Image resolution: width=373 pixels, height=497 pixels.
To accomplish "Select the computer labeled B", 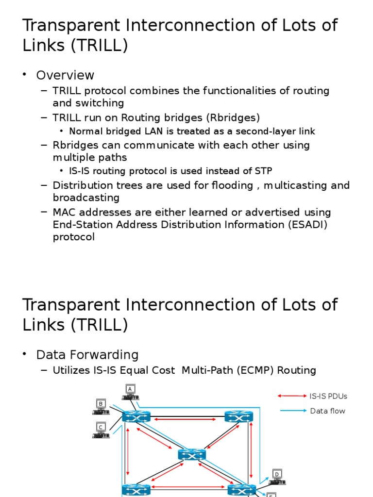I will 101,407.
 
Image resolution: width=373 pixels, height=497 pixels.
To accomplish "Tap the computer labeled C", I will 101,430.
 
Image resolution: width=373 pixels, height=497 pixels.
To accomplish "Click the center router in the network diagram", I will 192,454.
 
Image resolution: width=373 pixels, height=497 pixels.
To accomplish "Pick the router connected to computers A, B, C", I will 136,416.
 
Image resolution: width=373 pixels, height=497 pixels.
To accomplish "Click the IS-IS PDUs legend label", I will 328,396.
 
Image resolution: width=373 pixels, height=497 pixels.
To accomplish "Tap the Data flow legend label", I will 328,411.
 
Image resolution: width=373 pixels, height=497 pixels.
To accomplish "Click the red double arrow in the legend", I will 292,396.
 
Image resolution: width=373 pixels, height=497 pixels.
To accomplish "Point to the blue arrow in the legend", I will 293,411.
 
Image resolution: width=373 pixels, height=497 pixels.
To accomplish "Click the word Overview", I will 65,75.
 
